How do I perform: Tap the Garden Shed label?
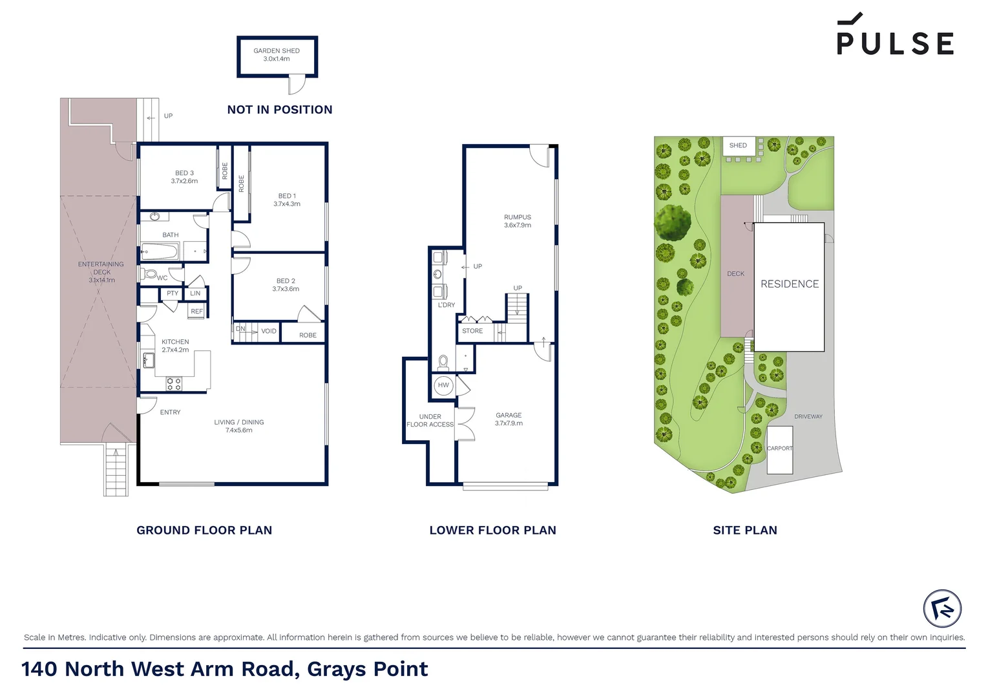(x=277, y=55)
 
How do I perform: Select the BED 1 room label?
(x=287, y=200)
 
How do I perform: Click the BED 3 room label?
(x=184, y=177)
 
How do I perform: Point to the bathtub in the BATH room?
(x=160, y=251)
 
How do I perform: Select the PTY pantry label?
(x=173, y=293)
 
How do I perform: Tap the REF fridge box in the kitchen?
(x=196, y=312)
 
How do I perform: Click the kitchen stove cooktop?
(x=174, y=384)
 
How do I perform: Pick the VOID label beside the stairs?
(x=269, y=332)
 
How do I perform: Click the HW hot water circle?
(x=443, y=385)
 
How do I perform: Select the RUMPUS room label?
(x=518, y=221)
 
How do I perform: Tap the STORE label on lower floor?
(x=472, y=331)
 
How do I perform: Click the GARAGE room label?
(x=509, y=419)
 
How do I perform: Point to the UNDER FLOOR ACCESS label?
(x=430, y=421)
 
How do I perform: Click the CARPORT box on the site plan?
(x=779, y=449)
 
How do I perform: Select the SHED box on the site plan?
(x=738, y=145)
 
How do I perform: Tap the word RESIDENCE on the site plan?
(x=789, y=284)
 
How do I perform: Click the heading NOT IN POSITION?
(x=280, y=110)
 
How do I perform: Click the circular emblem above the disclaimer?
(x=942, y=608)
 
